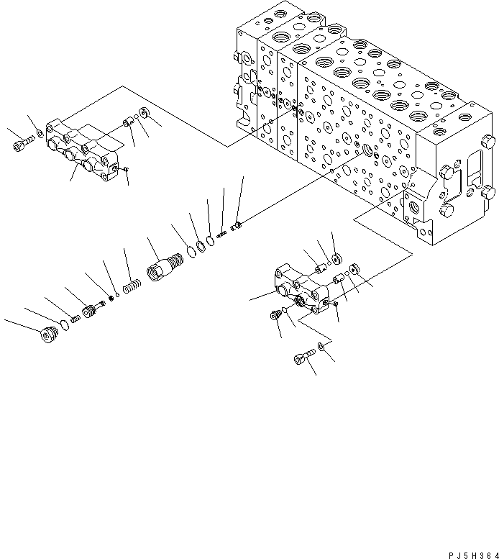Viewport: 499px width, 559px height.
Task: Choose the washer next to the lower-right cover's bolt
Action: (321, 348)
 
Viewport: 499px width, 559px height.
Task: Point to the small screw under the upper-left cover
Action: (126, 169)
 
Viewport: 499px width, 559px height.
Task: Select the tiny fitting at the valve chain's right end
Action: (237, 228)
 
